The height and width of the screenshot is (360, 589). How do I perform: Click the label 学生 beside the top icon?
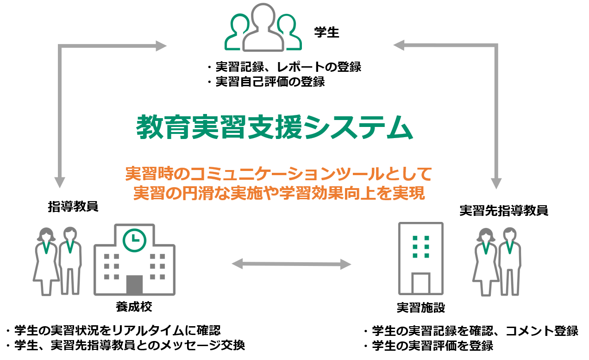(326, 33)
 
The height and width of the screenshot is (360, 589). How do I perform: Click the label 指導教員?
(73, 207)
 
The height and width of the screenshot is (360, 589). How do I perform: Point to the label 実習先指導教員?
(504, 210)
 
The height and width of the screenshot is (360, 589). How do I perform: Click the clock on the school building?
(134, 239)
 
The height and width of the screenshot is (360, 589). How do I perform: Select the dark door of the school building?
(134, 284)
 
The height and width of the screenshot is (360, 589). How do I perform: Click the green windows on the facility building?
(421, 246)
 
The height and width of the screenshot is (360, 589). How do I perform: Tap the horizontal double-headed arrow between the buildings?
(291, 265)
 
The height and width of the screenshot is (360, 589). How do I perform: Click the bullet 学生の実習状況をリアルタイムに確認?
(113, 330)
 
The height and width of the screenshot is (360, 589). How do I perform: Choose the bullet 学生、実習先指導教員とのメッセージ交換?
(125, 346)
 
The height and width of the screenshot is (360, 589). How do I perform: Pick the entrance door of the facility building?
(421, 284)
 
